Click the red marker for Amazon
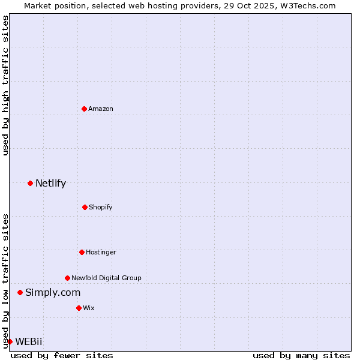(84, 109)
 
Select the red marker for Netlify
(30, 183)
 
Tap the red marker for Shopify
(85, 207)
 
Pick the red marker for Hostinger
(82, 252)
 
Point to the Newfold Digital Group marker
(67, 278)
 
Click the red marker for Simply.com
(20, 292)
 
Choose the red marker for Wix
(79, 308)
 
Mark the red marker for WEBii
(10, 341)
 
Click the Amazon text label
(101, 109)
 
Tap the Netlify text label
(50, 183)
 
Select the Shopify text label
(101, 207)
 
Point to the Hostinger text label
(101, 252)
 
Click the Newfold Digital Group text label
(106, 278)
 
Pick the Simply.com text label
(53, 292)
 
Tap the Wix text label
(89, 308)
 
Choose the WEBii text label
(29, 341)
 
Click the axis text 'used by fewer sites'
(62, 355)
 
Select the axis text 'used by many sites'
(301, 355)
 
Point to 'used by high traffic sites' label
(5, 85)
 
